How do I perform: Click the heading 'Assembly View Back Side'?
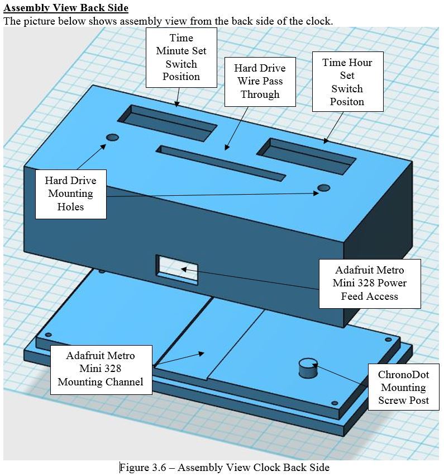click(66, 8)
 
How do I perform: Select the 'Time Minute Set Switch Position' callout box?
click(181, 57)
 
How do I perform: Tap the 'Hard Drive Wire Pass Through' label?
click(260, 81)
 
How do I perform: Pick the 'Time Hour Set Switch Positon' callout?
click(347, 82)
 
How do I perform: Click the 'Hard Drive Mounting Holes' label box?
click(70, 194)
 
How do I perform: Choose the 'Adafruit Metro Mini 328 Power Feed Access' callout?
click(369, 283)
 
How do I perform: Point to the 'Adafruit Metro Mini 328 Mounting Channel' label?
click(101, 369)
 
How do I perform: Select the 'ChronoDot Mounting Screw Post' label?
click(403, 387)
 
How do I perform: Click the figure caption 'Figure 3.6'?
click(225, 468)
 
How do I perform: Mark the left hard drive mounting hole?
click(112, 137)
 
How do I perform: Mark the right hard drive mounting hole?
click(323, 187)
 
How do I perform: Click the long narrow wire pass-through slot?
click(222, 163)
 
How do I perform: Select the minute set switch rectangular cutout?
click(167, 122)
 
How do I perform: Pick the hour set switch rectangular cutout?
click(305, 155)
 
